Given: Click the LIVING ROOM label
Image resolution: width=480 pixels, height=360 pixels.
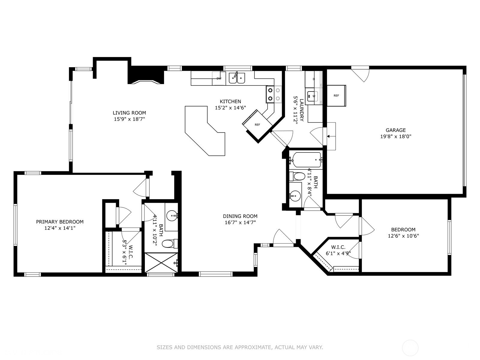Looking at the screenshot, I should [129, 113].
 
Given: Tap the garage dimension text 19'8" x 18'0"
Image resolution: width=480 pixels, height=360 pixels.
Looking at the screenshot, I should [396, 136].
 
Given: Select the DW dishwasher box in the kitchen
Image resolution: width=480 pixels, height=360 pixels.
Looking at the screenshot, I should [219, 78].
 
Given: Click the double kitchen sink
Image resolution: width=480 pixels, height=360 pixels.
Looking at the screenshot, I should [237, 78].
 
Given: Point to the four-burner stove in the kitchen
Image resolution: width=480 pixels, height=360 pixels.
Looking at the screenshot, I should [274, 94].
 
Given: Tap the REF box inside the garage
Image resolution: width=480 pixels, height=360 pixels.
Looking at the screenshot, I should [336, 96].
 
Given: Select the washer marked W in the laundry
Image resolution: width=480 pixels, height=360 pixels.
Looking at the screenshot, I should [313, 96].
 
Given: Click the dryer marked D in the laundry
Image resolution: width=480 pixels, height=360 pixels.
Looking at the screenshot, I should [313, 79].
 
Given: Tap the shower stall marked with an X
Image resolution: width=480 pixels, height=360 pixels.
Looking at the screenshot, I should [161, 263].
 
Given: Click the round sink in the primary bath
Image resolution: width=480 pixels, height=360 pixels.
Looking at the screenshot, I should [172, 215].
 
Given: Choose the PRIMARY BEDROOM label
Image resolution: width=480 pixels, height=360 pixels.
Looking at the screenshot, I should [60, 222].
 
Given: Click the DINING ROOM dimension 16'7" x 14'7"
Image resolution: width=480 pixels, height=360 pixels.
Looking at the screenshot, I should [240, 223].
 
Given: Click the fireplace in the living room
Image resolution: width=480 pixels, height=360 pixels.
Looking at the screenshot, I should [146, 77].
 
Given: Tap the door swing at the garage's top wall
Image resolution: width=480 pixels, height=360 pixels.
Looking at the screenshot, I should [361, 75].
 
